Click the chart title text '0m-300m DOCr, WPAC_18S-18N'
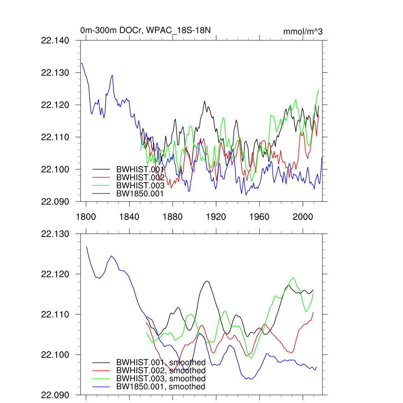pyautogui.click(x=148, y=31)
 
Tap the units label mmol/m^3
pyautogui.click(x=303, y=31)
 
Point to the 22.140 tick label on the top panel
pyautogui.click(x=55, y=41)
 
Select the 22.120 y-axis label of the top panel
pyautogui.click(x=55, y=105)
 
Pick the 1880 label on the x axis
pyautogui.click(x=172, y=216)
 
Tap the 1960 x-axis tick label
pyautogui.click(x=259, y=216)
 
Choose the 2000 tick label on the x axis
pyautogui.click(x=303, y=216)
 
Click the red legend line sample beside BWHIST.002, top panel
pyautogui.click(x=101, y=177)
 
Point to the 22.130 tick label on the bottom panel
pyautogui.click(x=55, y=234)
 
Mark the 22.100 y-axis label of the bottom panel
pyautogui.click(x=55, y=355)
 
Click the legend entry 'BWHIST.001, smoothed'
pyautogui.click(x=161, y=362)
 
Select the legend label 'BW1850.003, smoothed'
pyautogui.click(x=161, y=379)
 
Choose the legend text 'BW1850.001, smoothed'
pyautogui.click(x=161, y=387)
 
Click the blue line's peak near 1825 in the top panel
pyautogui.click(x=112, y=76)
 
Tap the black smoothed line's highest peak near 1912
pyautogui.click(x=207, y=281)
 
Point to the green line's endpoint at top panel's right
pyautogui.click(x=318, y=90)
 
